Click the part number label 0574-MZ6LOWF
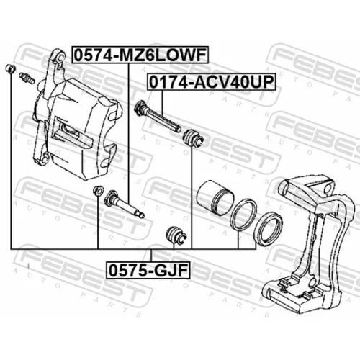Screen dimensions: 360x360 click(x=140, y=55)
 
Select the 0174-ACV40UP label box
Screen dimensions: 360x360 click(x=212, y=82)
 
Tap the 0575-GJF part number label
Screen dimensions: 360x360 click(x=148, y=270)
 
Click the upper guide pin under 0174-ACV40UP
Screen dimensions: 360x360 click(x=158, y=117)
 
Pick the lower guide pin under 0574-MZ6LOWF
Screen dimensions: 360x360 click(x=124, y=204)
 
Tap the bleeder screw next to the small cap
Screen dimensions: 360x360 click(x=27, y=78)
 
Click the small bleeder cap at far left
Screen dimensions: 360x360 click(x=11, y=69)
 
